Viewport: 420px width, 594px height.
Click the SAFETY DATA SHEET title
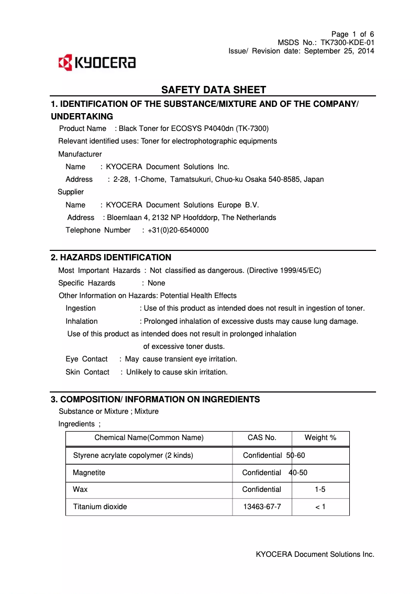(214, 90)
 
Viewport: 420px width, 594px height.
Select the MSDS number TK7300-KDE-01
(347, 42)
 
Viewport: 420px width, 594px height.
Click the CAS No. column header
(262, 437)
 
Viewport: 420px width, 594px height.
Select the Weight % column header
(320, 437)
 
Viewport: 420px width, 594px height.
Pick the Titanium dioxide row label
(100, 507)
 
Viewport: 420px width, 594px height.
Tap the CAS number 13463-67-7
(262, 507)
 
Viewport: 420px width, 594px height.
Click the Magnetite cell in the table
(89, 472)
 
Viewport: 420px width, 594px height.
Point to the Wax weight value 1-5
(320, 489)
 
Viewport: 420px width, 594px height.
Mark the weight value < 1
(320, 507)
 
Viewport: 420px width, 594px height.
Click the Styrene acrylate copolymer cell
(133, 455)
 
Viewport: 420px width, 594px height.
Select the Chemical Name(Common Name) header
(149, 437)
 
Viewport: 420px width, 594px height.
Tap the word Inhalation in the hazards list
(82, 321)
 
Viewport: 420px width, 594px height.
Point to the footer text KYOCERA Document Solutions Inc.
(315, 554)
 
